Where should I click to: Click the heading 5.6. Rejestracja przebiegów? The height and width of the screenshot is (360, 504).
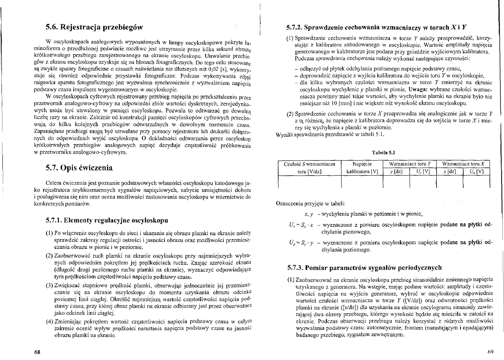(94, 27)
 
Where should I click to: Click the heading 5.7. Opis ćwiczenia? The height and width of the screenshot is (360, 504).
(80, 168)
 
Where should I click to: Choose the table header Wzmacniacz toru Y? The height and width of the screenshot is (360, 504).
(410, 164)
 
